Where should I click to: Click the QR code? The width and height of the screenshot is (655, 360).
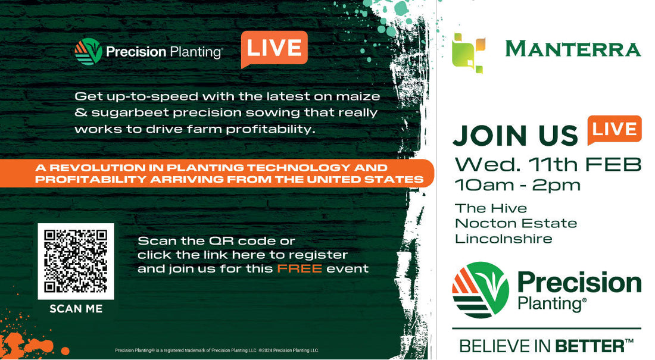[x=76, y=261]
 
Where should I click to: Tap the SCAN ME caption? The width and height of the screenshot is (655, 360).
[x=76, y=309]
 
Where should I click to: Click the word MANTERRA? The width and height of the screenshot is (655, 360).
[x=573, y=49]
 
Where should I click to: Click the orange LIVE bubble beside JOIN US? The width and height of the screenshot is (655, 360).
[x=614, y=130]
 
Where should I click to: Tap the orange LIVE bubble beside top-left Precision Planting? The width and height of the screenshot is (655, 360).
[x=274, y=48]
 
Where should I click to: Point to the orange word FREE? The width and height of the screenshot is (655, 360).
[x=300, y=268]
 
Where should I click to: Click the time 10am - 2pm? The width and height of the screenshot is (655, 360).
[x=517, y=185]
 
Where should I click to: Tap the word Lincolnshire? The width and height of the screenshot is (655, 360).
[x=503, y=239]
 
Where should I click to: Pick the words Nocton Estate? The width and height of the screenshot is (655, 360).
[x=516, y=224]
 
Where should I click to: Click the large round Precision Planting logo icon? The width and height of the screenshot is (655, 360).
[x=481, y=290]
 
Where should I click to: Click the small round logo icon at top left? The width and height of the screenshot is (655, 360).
[x=88, y=52]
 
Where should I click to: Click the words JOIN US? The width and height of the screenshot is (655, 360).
[x=515, y=136]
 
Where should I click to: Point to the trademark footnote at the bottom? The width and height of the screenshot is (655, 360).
[x=217, y=350]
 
